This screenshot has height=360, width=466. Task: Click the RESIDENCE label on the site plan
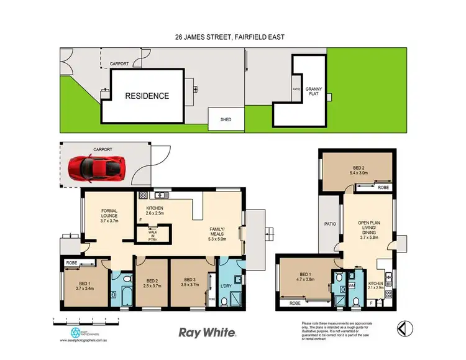[147, 96]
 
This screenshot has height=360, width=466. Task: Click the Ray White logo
[207, 333]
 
